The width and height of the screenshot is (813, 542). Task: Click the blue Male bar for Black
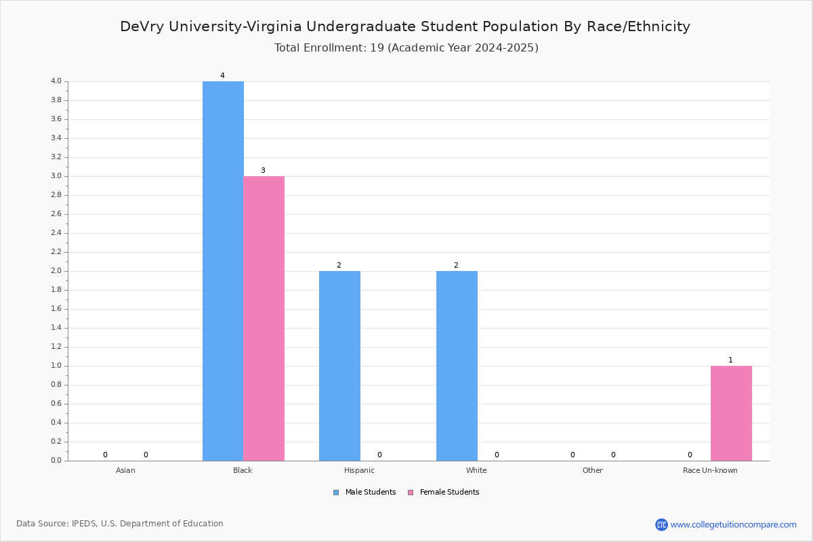coord(223,271)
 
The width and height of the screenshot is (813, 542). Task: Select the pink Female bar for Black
coord(264,318)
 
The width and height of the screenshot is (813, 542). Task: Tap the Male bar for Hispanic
coord(339,366)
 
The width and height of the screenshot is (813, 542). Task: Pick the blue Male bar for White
coord(457,366)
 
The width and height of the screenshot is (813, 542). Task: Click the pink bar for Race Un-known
coord(731,413)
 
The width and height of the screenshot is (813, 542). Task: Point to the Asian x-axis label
coord(125,470)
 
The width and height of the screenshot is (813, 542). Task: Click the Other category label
coord(592,470)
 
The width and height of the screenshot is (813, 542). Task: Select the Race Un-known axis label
coord(710,470)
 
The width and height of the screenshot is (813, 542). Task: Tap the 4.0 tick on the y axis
coord(56,81)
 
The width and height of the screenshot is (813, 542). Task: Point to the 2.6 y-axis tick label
coord(56,214)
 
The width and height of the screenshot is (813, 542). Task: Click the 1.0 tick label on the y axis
coord(56,366)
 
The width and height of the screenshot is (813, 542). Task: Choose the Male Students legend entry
coord(364,493)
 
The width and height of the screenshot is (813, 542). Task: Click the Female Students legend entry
coord(444,493)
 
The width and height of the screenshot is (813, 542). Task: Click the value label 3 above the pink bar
coord(263,170)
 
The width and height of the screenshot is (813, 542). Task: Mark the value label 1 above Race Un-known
coord(730,360)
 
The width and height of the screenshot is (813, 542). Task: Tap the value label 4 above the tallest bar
coord(222,75)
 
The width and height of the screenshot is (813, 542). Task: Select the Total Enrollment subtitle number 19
coord(377,48)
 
